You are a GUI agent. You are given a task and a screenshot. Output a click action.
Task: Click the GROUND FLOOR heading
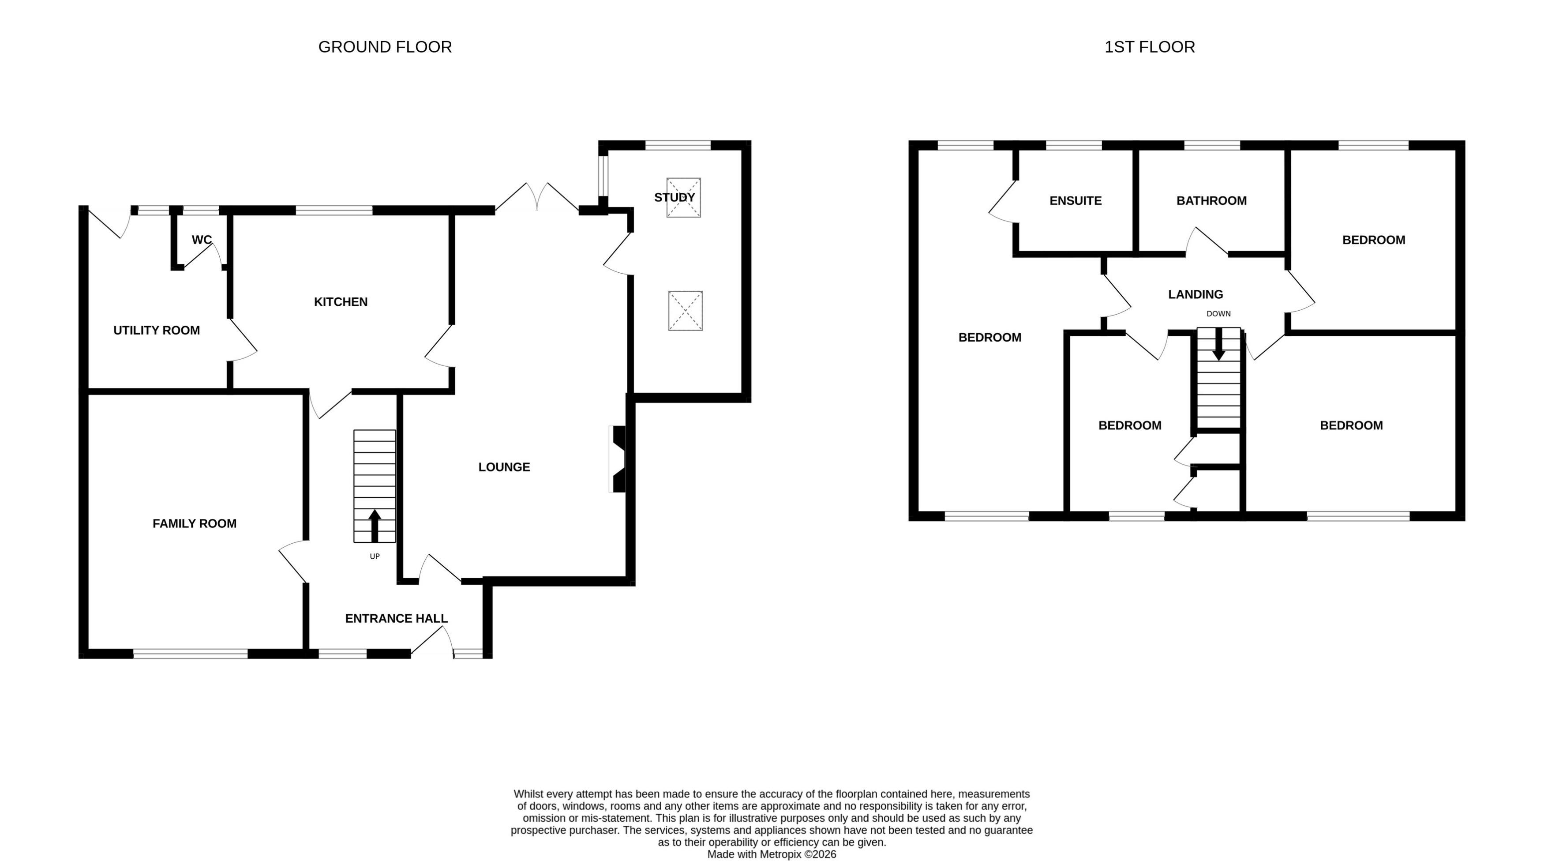[x=385, y=47]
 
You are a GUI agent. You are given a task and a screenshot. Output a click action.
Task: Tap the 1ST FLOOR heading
[x=1149, y=47]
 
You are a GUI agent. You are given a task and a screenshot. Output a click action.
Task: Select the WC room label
[x=202, y=240]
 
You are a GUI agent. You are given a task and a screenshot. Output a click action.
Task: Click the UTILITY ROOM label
[x=157, y=331]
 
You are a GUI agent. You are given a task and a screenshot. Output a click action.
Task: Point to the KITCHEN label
[x=341, y=301]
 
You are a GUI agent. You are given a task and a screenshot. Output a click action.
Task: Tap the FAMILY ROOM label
[x=194, y=523]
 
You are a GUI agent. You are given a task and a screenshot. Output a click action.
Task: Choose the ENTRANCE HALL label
[x=396, y=618]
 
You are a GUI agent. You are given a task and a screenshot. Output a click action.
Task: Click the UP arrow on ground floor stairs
[x=375, y=525]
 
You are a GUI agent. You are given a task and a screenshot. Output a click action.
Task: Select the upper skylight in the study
[x=683, y=198]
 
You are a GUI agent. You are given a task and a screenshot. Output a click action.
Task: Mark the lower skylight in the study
[x=685, y=311]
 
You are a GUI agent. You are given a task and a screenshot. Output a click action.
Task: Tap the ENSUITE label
[x=1076, y=201]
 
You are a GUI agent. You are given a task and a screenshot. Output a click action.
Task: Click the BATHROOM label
[x=1211, y=201]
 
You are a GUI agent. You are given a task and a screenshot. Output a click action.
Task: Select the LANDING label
[x=1195, y=294]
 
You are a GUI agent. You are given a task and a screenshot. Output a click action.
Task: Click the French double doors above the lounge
[x=537, y=198]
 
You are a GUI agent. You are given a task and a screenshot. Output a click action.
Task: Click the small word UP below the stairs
[x=375, y=556]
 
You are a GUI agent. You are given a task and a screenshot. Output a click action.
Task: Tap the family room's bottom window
[x=190, y=654]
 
